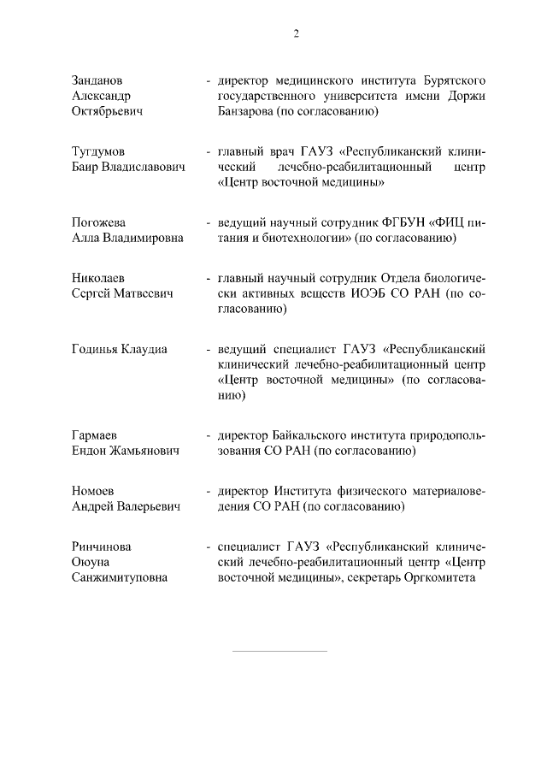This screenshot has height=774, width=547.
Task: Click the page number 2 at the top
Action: tap(296, 33)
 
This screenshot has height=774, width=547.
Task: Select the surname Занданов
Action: tap(98, 80)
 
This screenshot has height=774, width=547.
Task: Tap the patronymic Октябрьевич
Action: tap(107, 111)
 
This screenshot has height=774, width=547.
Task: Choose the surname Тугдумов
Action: tap(100, 151)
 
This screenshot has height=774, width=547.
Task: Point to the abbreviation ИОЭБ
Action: tap(361, 293)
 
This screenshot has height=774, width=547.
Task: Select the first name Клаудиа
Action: tap(144, 349)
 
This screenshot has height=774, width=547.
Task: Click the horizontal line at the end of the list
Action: tap(279, 651)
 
